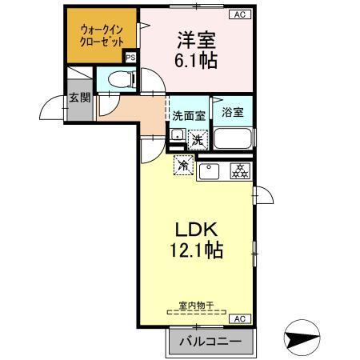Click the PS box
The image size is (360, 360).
(130, 57)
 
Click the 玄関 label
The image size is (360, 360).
(78, 98)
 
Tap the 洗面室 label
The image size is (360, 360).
(189, 115)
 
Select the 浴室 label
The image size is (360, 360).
(233, 114)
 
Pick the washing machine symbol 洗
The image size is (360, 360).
(196, 140)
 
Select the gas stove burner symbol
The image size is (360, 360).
(238, 169)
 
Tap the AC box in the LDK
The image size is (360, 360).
(238, 319)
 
